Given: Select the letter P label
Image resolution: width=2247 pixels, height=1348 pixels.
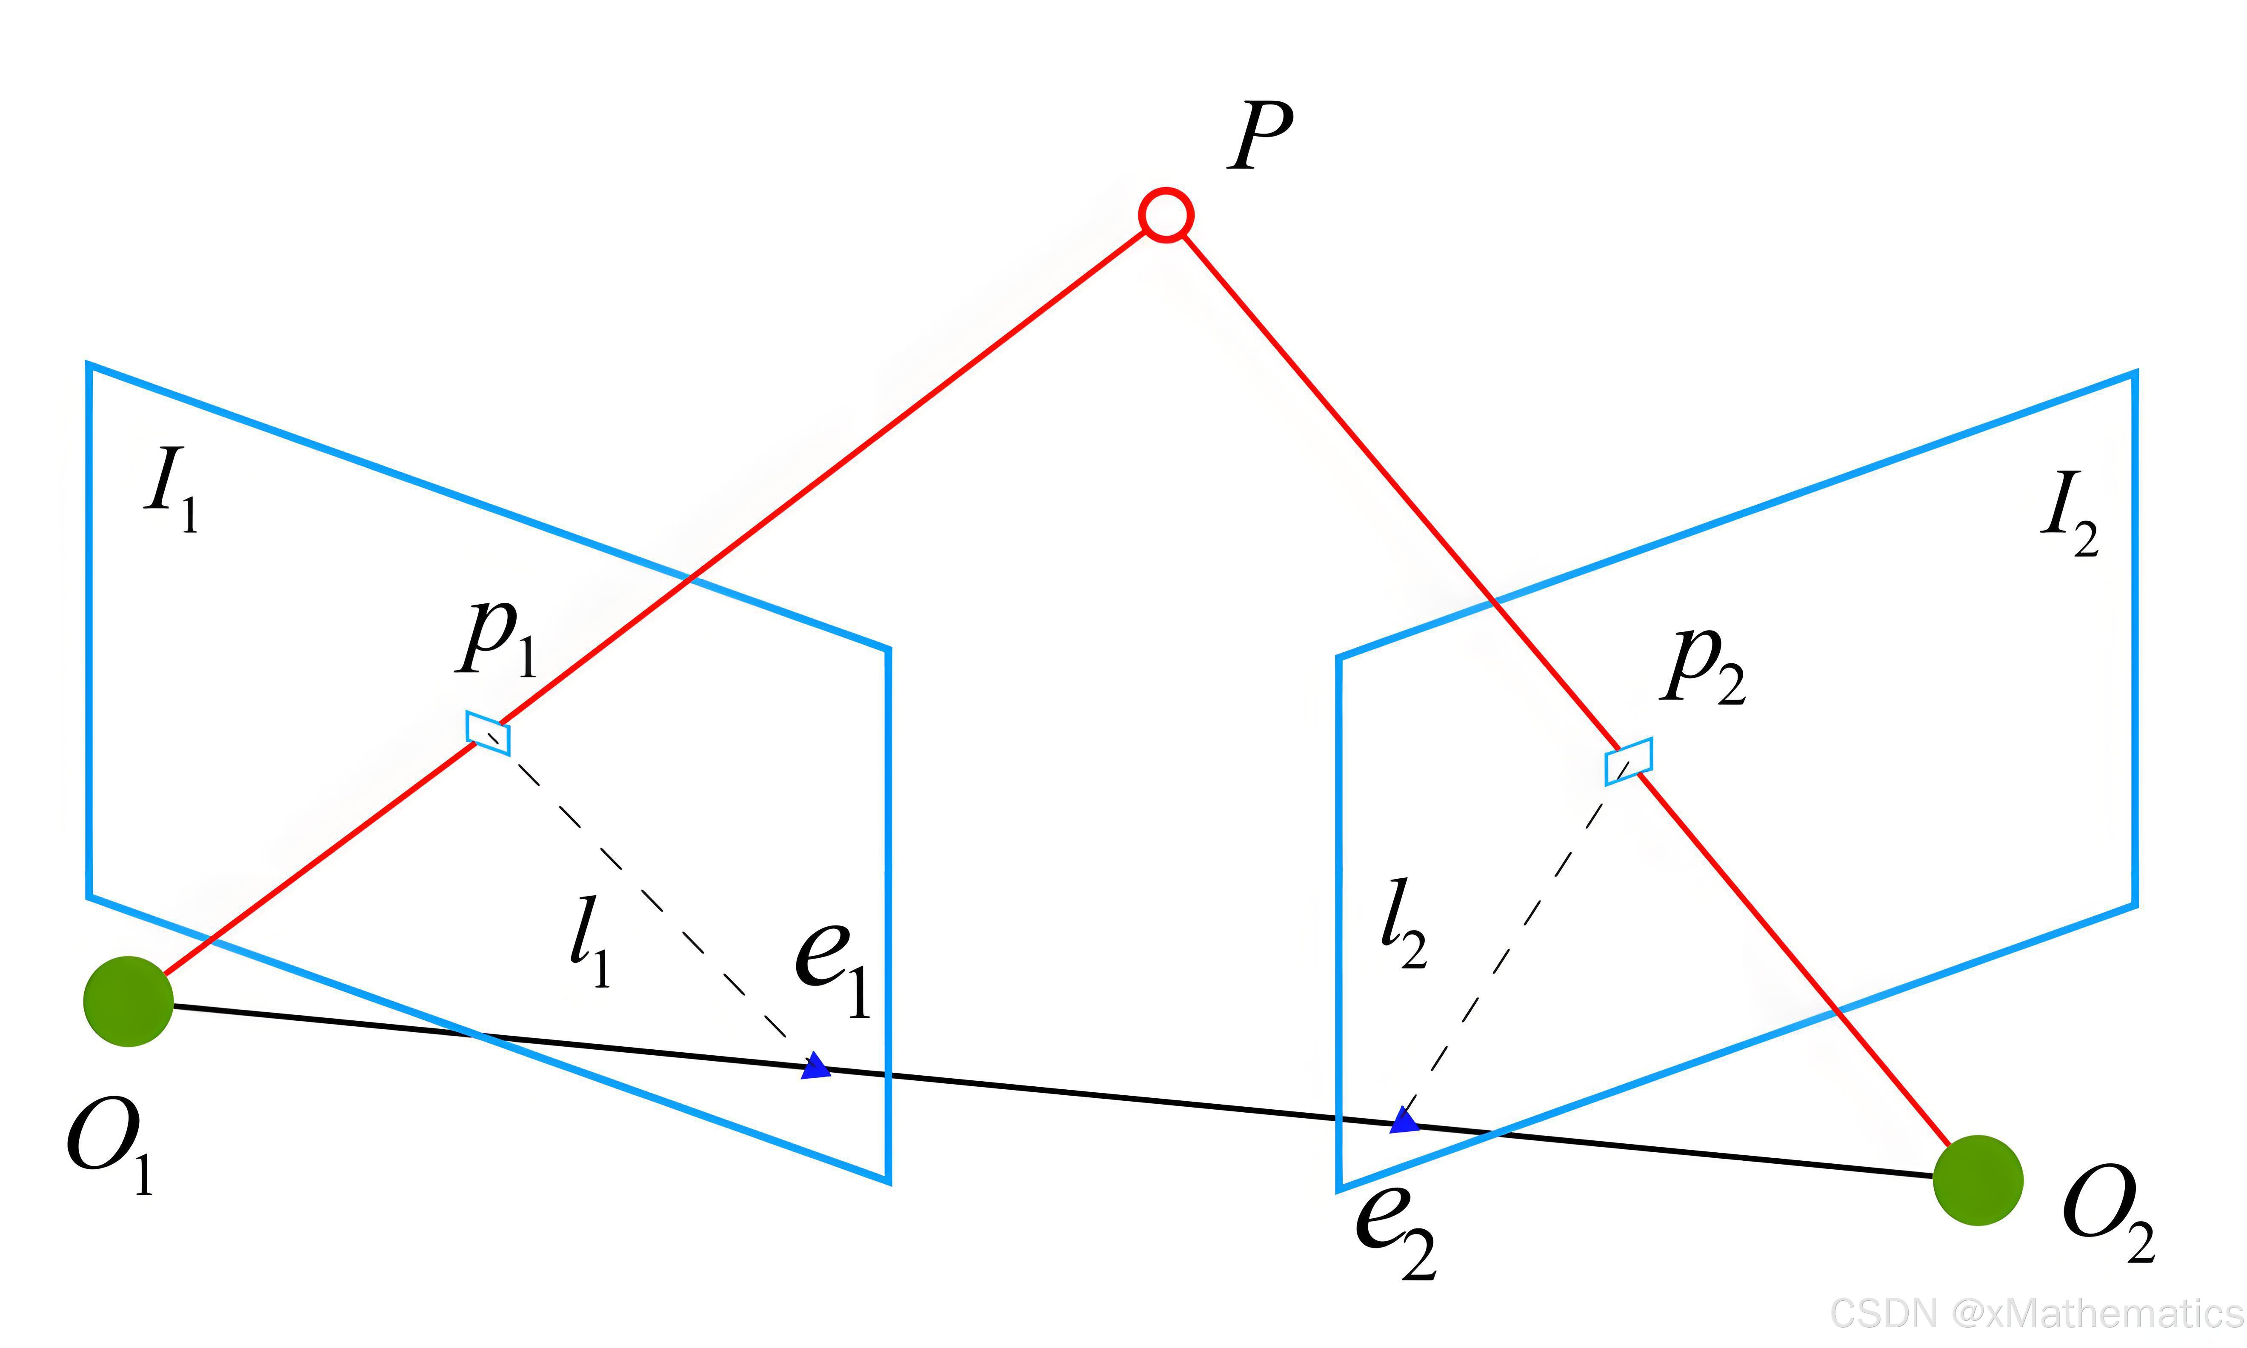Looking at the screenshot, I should [1261, 136].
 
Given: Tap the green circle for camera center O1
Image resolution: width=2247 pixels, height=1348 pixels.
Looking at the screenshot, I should [128, 1001].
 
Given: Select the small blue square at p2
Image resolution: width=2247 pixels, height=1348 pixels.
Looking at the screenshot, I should [1629, 761].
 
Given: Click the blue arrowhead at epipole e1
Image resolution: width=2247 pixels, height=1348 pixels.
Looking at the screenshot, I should [817, 1066].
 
